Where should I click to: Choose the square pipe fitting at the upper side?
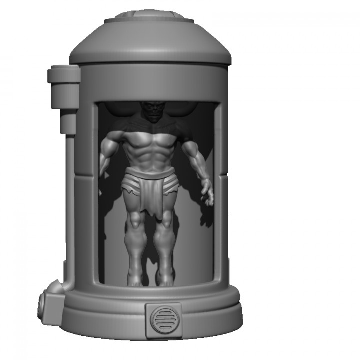coord(64,76)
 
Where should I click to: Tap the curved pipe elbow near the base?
coord(53,288)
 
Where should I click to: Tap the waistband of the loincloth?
coord(149,173)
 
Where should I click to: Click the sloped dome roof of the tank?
coord(150,42)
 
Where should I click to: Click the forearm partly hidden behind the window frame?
coord(103,167)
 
